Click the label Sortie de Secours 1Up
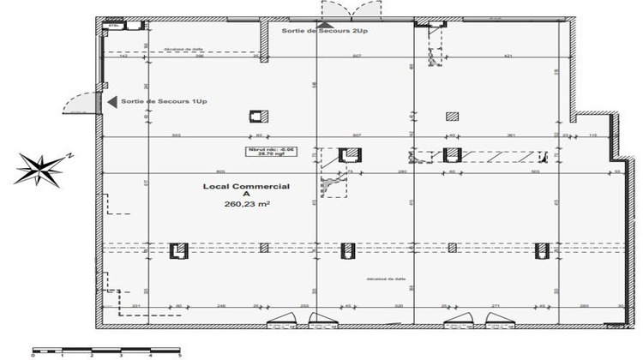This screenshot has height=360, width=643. (x=164, y=102)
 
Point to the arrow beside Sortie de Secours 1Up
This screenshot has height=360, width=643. (x=111, y=102)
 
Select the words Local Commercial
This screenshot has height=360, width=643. (x=246, y=185)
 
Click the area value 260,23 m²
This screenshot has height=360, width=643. (x=247, y=204)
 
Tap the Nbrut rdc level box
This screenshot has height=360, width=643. (x=271, y=153)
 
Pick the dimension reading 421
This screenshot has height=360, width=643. (x=508, y=57)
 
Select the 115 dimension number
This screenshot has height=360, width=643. (x=592, y=135)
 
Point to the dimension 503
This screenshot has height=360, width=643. (x=177, y=135)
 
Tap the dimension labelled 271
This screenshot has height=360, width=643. (x=496, y=305)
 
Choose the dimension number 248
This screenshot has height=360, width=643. (x=220, y=305)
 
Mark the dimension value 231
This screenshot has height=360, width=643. (x=135, y=305)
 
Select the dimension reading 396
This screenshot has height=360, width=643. (x=198, y=57)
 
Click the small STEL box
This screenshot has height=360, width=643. (x=111, y=26)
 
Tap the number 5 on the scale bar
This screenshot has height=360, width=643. (x=180, y=354)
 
